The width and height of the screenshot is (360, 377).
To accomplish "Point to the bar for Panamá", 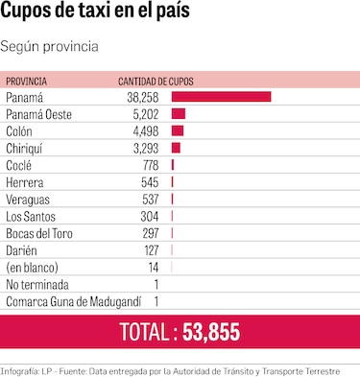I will [221, 97].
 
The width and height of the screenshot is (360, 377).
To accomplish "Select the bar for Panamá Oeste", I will [178, 114].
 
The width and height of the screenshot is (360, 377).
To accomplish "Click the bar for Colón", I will [178, 130].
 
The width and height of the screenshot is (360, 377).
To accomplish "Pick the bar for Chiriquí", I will [176, 148].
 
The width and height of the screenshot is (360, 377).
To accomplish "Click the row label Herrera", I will [25, 181].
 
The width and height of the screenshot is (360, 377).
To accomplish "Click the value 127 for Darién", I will [150, 249].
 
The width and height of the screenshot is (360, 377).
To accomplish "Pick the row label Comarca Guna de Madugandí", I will [67, 300].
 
